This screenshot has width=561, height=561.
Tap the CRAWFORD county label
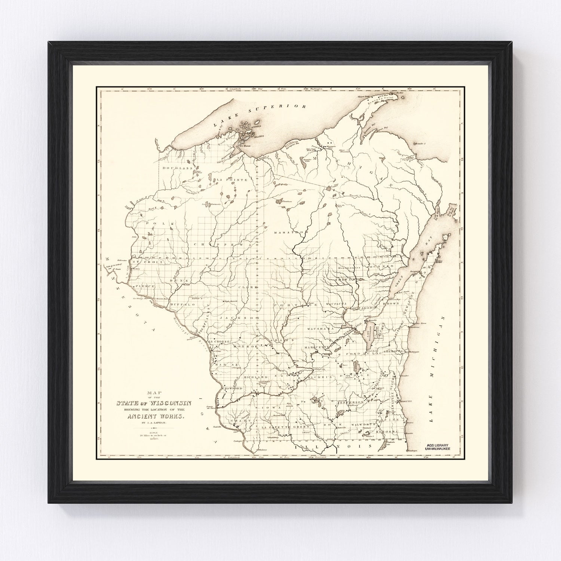coord(230,389)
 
